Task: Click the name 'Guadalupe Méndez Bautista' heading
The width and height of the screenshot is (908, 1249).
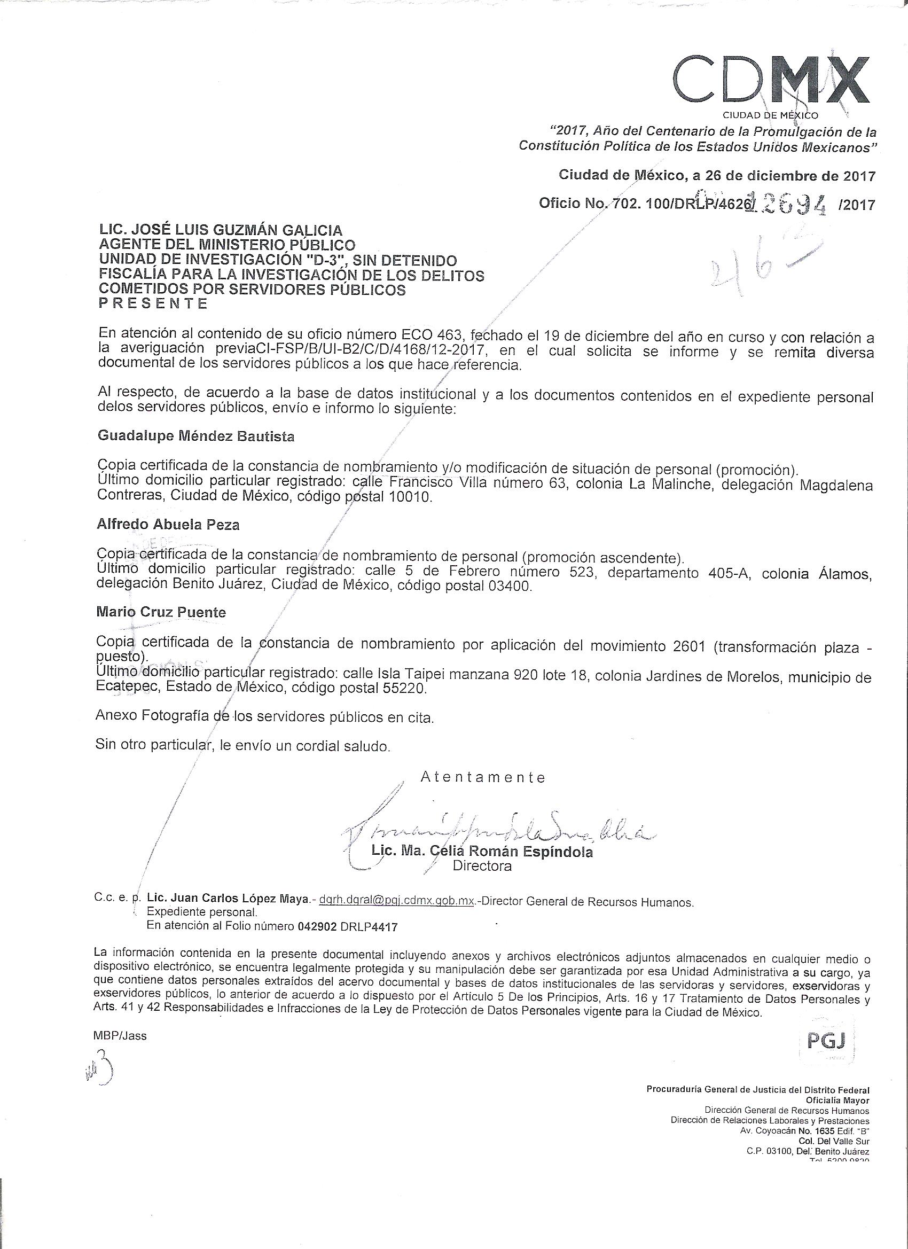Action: tap(195, 436)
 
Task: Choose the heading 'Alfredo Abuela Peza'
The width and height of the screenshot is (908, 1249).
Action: tap(168, 525)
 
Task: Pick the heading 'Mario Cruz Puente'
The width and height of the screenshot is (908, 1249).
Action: tap(161, 612)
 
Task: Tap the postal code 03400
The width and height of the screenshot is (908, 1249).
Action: tap(510, 587)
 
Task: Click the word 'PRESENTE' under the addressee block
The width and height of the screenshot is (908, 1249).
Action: tap(153, 303)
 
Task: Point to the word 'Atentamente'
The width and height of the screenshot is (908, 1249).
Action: tap(483, 777)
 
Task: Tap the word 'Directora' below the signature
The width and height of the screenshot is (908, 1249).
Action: tap(482, 867)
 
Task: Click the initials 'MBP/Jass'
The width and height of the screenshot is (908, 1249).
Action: tap(121, 1036)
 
